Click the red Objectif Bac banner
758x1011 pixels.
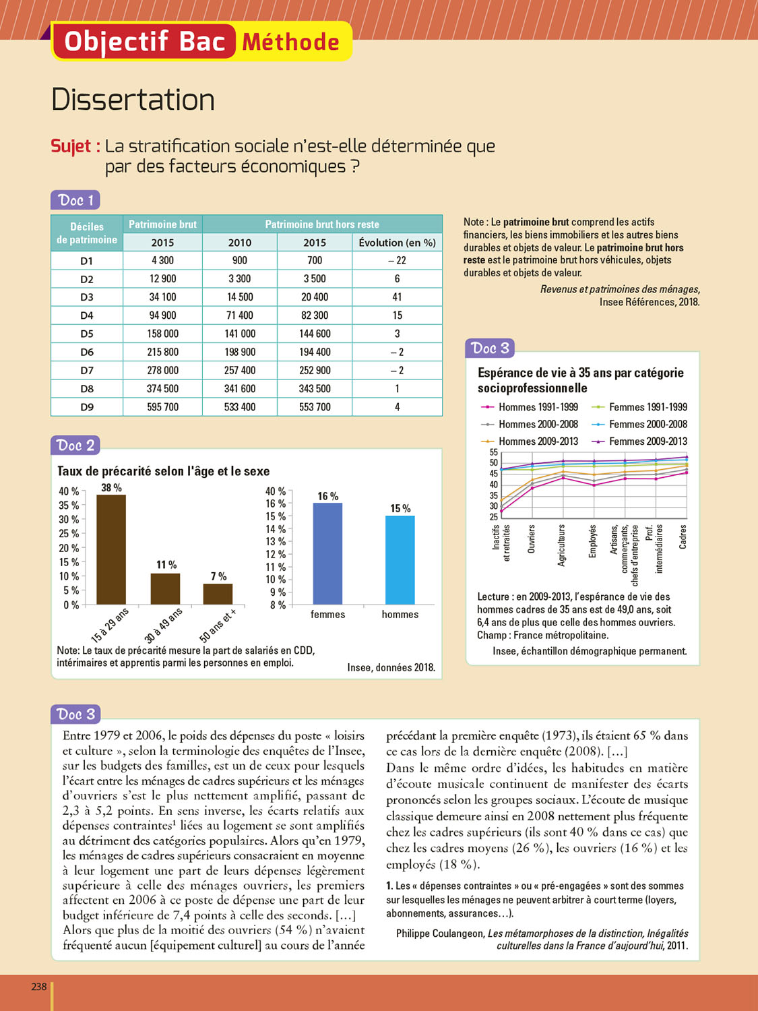click(144, 42)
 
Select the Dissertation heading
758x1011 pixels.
click(133, 100)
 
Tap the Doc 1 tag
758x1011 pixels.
click(75, 200)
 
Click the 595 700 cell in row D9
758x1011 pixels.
click(162, 407)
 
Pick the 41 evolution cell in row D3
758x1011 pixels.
click(397, 297)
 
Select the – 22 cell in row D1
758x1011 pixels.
click(397, 261)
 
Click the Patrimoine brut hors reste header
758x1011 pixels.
click(322, 224)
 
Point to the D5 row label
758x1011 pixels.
click(87, 334)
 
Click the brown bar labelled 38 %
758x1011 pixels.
click(111, 549)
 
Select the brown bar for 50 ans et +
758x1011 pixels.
click(218, 594)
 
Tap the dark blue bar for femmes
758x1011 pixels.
click(327, 553)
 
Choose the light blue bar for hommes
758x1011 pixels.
click(400, 559)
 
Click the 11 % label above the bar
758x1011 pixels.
click(166, 565)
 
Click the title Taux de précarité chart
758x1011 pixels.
click(163, 471)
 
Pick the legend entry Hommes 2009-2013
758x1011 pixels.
click(538, 441)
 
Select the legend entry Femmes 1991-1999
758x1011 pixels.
click(648, 407)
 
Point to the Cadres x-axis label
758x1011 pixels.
click(683, 537)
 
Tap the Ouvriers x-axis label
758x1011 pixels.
click(532, 539)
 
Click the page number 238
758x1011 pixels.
click(39, 987)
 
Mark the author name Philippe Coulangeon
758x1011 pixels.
click(440, 933)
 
